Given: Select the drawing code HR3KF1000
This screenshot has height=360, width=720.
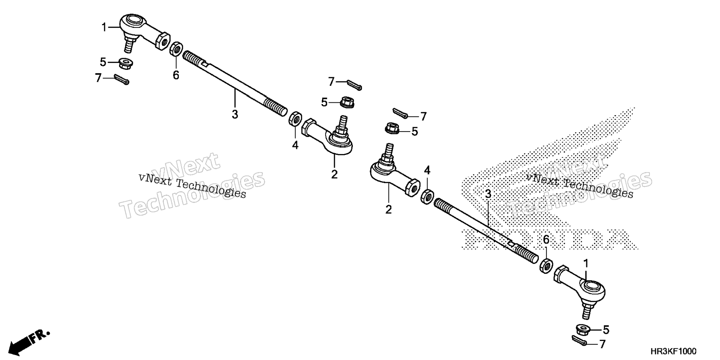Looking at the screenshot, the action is point(673,351).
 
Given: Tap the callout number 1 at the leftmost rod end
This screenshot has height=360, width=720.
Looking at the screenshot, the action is point(104,27).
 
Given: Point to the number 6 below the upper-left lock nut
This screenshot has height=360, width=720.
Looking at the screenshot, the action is point(176,75).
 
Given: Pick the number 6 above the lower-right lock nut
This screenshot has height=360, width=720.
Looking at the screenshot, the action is point(546,239).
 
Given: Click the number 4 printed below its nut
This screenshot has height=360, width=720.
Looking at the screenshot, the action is point(295,145).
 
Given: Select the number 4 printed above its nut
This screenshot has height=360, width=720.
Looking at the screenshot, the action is point(427,171).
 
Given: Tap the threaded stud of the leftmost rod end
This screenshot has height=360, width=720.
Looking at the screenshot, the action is point(129,43).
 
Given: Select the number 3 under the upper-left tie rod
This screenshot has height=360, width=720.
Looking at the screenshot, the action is point(235,114).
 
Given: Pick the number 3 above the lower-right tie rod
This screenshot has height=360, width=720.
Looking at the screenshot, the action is point(488,194).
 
